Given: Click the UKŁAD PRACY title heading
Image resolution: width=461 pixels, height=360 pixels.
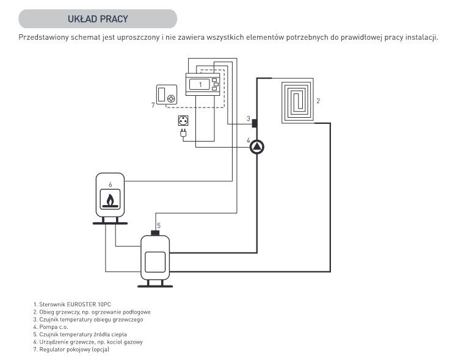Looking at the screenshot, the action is tap(98, 19).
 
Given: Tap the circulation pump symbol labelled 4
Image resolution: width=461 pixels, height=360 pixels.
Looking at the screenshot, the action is tap(257, 146).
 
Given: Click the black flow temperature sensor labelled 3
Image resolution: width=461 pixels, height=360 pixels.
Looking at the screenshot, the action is tap(255, 123).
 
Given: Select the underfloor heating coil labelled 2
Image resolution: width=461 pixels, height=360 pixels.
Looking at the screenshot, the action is tap(297, 101).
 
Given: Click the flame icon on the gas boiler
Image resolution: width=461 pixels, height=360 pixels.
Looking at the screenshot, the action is tap(111, 200).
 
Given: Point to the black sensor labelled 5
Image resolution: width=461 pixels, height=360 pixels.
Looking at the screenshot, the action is tap(155, 232).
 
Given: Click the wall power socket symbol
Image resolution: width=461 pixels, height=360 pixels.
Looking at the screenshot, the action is tap(183, 121).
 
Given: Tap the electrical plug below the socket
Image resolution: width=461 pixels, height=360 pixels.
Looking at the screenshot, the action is tap(183, 133).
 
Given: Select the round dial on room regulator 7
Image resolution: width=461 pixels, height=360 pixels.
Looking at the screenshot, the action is tap(171, 99).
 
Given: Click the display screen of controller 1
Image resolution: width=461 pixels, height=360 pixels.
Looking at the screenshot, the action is tap(200, 85).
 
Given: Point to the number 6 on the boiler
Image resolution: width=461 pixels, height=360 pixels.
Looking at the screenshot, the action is tap(111, 184).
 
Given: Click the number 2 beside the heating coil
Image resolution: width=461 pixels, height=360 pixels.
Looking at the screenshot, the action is tap(318, 101).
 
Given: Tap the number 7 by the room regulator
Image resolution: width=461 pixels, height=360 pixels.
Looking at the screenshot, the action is tap(153, 105).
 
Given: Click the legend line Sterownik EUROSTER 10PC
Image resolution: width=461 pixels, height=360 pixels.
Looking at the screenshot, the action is tap(72, 304).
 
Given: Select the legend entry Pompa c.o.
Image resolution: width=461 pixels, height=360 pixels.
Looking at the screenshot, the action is tap(51, 327).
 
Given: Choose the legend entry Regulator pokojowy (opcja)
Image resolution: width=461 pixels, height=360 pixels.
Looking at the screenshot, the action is tap(71, 350).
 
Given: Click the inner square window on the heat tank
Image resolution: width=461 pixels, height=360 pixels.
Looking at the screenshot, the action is tap(155, 262).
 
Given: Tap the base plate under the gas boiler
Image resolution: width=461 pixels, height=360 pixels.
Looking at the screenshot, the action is tap(110, 223).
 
